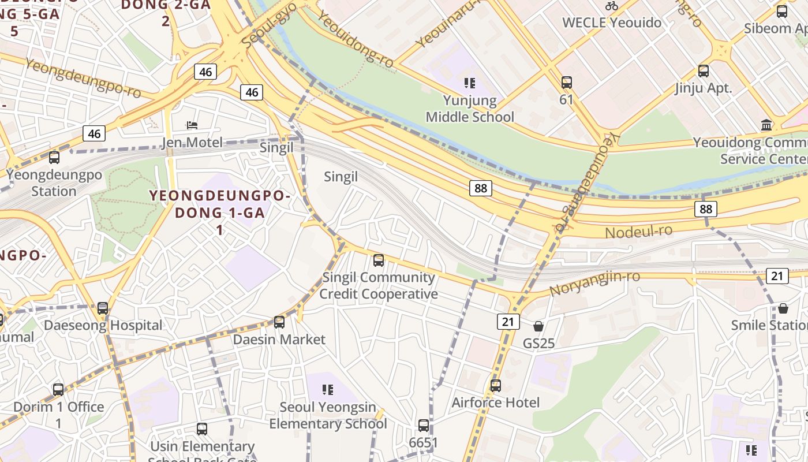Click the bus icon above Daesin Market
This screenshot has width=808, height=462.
pos(279,322)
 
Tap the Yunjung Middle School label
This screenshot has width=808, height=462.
pos(470,109)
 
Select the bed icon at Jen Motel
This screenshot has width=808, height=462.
pos(192,125)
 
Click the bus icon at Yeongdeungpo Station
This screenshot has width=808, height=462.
pos(54,158)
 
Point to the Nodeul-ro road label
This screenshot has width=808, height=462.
pos(639,232)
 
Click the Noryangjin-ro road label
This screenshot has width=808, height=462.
pos(594,283)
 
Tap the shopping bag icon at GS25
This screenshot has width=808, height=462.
pos(538,327)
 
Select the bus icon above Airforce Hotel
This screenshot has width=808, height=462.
pos(495,386)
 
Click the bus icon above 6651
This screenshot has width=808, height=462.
pos(424,426)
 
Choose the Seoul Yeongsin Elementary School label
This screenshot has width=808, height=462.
pos(328,415)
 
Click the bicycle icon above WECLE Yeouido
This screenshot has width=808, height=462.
pos(612,6)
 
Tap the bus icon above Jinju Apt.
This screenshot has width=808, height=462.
pos(703,72)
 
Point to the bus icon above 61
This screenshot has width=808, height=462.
pos(566,83)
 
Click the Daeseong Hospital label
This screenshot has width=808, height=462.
pos(103,325)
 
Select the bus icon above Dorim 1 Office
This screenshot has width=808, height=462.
pos(58,390)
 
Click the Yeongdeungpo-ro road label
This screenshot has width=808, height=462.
pos(83,78)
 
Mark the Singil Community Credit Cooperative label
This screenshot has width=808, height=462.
pos(379,285)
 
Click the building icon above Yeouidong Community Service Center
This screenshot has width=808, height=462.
pos(766,125)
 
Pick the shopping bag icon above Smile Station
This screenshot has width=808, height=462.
pos(783,308)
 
